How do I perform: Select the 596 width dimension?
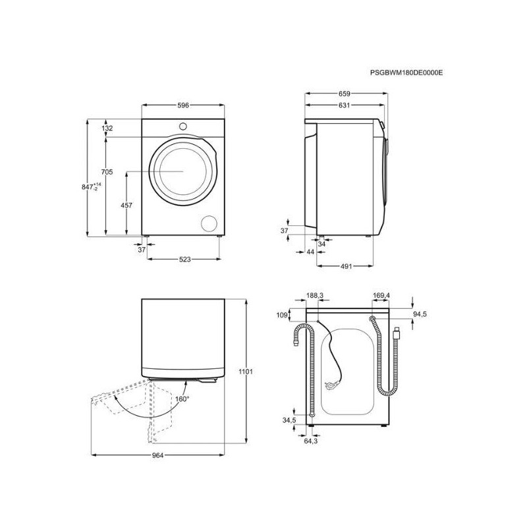click(183, 105)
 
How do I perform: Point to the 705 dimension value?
click(107, 172)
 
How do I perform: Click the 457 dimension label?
click(126, 206)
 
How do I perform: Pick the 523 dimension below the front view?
click(184, 260)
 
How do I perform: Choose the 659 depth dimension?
click(345, 94)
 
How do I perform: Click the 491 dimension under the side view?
click(347, 267)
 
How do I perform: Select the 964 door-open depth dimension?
click(157, 455)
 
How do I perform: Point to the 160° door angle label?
click(182, 399)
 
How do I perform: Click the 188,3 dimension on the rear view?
click(315, 296)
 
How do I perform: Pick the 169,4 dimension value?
click(381, 296)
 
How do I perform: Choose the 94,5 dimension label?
click(420, 314)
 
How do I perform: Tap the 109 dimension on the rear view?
click(282, 316)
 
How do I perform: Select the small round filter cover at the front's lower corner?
click(209, 223)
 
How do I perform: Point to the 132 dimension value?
click(107, 128)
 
